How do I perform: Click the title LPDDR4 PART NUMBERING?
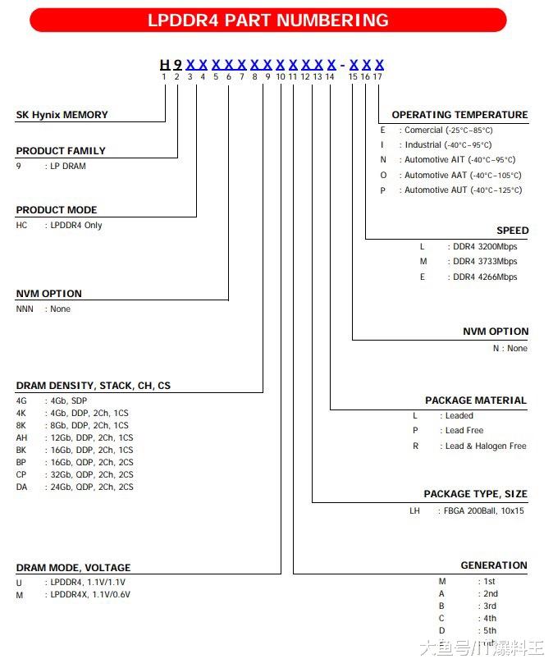(267, 21)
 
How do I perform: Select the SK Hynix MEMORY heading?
(62, 115)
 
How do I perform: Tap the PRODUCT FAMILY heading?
(61, 151)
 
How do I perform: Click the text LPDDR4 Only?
(76, 225)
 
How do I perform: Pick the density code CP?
(21, 474)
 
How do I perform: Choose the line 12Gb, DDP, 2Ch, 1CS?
(91, 437)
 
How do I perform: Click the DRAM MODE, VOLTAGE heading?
(73, 567)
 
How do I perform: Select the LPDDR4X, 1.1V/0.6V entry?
(91, 594)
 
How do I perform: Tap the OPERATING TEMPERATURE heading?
(459, 115)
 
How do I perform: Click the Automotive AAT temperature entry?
(463, 175)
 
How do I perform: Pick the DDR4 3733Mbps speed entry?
(485, 261)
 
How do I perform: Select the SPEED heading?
(512, 231)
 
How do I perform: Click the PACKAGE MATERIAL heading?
(475, 400)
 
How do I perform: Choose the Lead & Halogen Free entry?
(486, 446)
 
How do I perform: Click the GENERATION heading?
(494, 565)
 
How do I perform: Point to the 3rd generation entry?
(489, 606)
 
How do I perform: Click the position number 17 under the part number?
(377, 76)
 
